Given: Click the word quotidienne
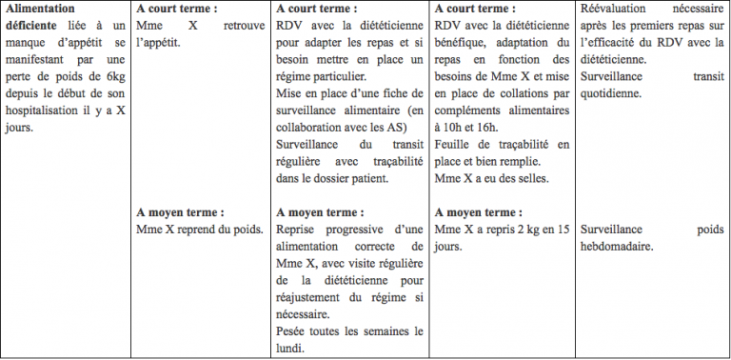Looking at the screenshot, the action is (x=610, y=94).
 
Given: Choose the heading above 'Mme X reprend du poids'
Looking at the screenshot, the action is (x=180, y=211).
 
